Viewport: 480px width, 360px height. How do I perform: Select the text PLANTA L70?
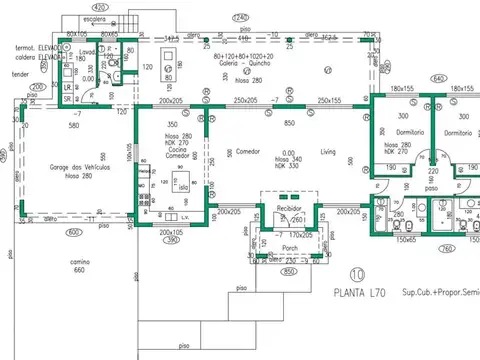(x=361, y=292)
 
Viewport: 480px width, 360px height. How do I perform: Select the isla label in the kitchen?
(x=181, y=187)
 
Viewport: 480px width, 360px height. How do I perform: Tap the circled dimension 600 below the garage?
(x=72, y=233)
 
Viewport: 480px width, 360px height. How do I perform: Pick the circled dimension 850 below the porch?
(x=289, y=271)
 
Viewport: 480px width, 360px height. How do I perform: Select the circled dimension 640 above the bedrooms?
(x=438, y=78)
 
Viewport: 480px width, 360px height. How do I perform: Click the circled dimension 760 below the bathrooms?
(x=446, y=250)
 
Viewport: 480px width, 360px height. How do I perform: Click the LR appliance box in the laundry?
(x=67, y=87)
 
